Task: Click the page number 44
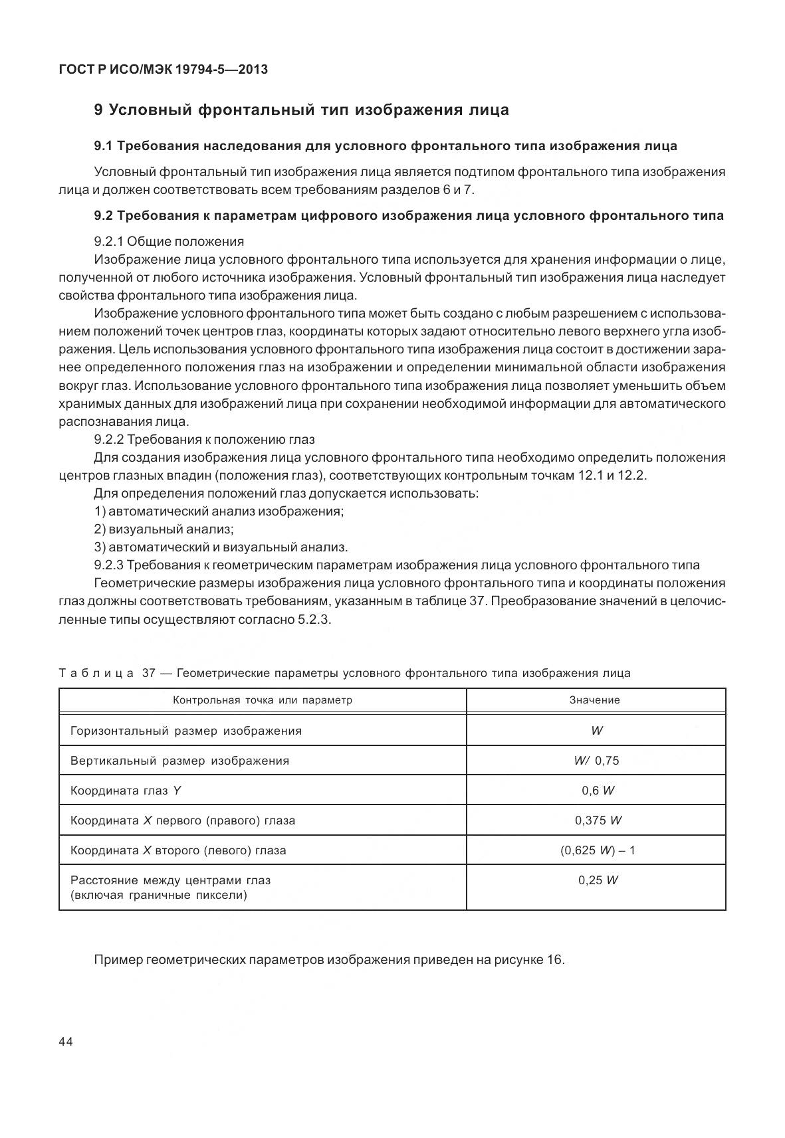tap(66, 1041)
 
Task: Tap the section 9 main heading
tap(301, 110)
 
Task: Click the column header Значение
tap(595, 700)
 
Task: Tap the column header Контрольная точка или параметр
tap(263, 700)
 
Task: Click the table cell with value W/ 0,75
tap(596, 761)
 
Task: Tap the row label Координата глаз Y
tap(126, 791)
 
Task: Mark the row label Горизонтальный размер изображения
tap(186, 731)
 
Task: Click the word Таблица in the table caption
tap(96, 673)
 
